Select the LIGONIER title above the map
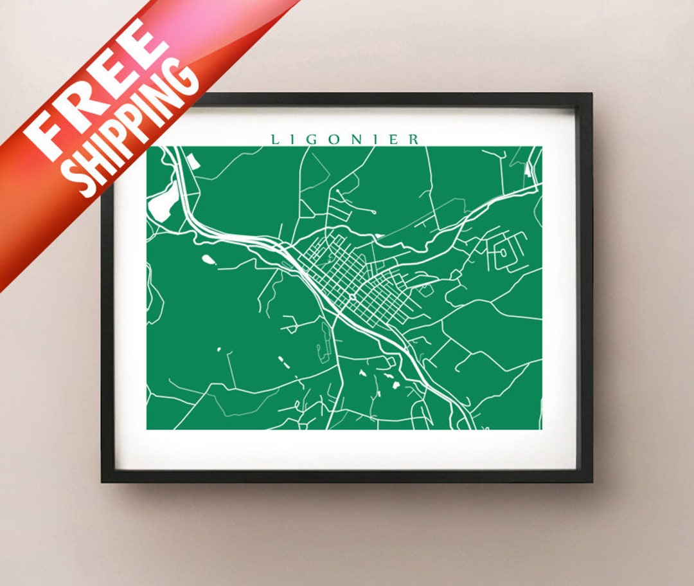(x=346, y=139)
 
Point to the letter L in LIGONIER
(x=274, y=140)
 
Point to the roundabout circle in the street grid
(x=352, y=298)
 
